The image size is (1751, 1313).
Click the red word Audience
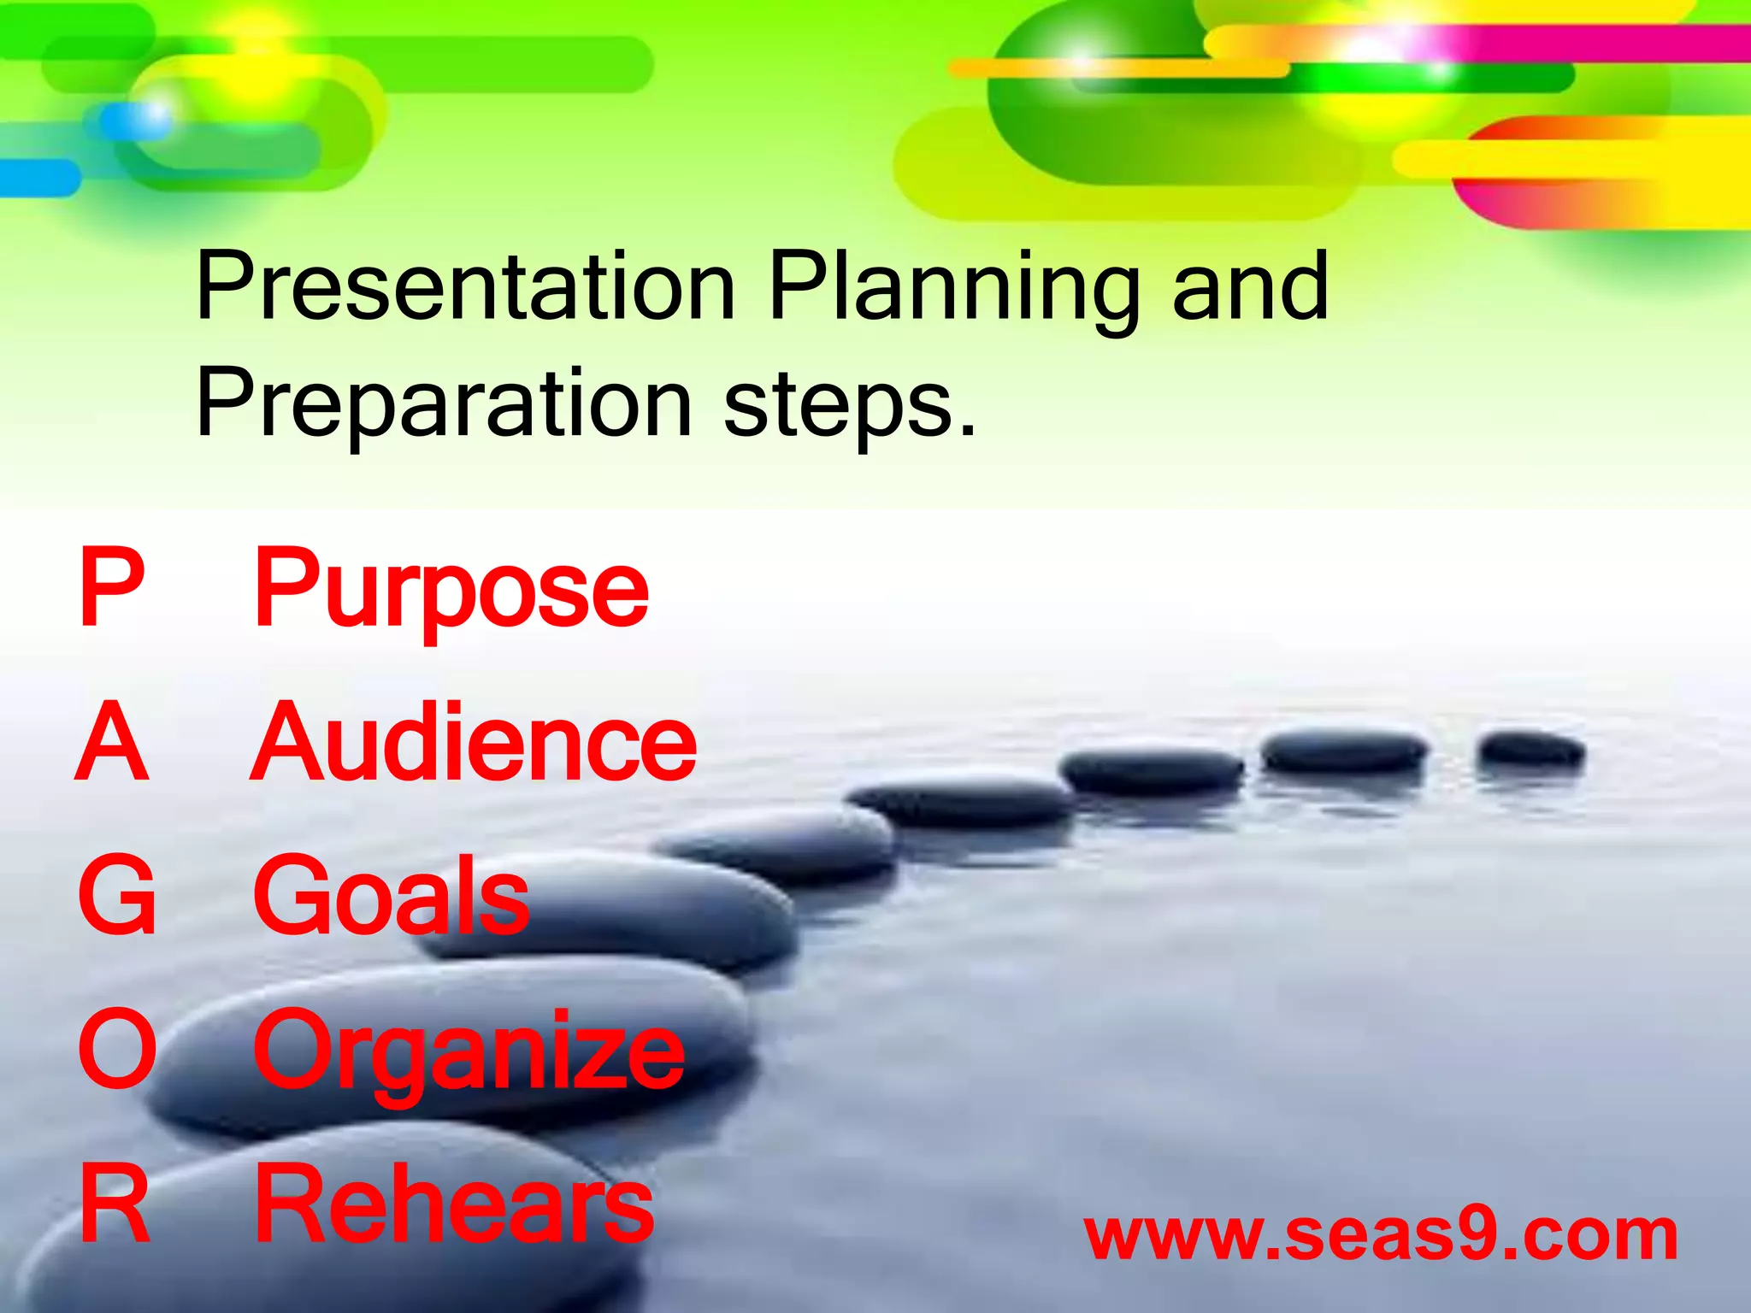474,742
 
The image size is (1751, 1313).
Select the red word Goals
392,896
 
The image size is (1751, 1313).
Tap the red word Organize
469,1051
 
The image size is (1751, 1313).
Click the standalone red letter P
111,588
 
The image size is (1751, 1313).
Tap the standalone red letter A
112,742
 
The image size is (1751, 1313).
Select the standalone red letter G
116,896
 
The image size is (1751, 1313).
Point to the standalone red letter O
117,1050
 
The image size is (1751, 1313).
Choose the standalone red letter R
115,1204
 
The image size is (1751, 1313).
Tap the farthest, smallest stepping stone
1531,750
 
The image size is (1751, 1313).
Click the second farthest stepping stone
1344,753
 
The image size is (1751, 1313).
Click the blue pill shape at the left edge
38,178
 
